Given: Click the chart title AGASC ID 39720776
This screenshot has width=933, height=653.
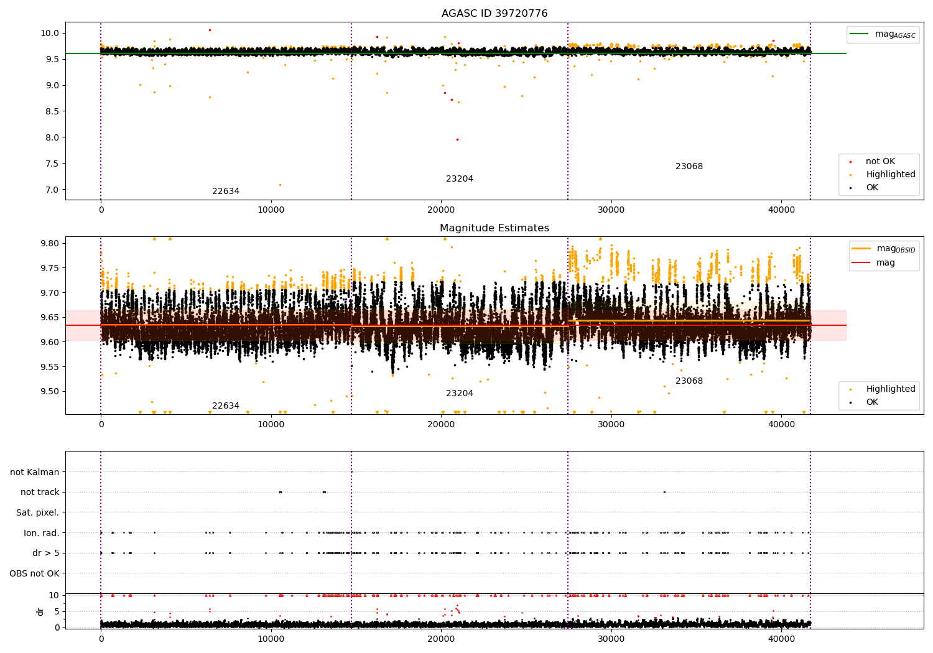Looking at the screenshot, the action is point(494,13).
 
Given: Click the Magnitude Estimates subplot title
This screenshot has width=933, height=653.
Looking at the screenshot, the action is point(494,228).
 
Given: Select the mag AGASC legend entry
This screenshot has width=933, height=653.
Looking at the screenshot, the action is point(883,34).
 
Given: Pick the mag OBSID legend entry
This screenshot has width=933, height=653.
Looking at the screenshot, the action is point(883,249).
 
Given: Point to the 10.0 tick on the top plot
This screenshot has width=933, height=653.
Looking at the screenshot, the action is point(50,34).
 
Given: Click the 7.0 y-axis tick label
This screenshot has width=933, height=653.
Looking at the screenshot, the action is point(52,190).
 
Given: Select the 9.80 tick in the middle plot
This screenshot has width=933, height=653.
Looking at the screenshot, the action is point(50,243).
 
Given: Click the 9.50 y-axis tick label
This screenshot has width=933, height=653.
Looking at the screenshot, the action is point(50,391).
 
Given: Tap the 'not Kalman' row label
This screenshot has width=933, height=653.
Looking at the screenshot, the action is point(35,472).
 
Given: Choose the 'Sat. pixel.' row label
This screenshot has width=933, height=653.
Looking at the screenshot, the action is point(37,512).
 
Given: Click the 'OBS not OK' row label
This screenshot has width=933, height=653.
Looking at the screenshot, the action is point(35,573).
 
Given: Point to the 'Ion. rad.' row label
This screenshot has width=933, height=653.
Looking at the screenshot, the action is point(41,533).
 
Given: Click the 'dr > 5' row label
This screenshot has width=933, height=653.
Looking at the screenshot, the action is point(46,553).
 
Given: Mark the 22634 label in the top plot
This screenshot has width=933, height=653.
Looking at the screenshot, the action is point(226,191).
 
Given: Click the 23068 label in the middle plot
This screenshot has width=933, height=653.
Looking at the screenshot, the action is point(689,381).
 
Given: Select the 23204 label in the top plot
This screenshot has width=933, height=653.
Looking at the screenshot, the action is point(460,178).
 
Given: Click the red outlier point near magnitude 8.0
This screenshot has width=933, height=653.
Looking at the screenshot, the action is point(457,139).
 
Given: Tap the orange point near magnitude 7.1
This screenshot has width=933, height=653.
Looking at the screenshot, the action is point(280,185).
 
